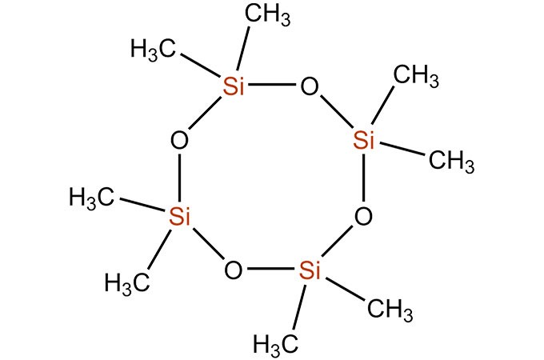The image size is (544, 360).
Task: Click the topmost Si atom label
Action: pyautogui.click(x=233, y=87)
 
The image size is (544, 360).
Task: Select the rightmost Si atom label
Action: pyautogui.click(x=364, y=141)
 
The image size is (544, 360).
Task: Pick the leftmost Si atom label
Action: pyautogui.click(x=180, y=215)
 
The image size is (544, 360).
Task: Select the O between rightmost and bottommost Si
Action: pyautogui.click(x=364, y=216)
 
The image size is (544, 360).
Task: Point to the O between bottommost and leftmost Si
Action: pyautogui.click(x=233, y=270)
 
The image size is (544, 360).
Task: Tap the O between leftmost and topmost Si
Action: pyautogui.click(x=180, y=141)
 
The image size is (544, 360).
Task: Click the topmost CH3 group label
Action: pyautogui.click(x=267, y=15)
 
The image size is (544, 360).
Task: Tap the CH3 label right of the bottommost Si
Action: pyautogui.click(x=387, y=308)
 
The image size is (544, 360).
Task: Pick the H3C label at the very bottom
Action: pyautogui.click(x=276, y=344)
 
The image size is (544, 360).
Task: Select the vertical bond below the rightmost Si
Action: pyautogui.click(x=364, y=178)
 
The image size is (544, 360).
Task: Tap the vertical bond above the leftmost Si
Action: pyautogui.click(x=180, y=178)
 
